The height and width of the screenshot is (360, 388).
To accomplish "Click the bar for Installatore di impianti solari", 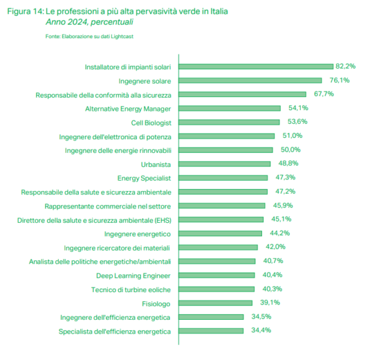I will (255, 67).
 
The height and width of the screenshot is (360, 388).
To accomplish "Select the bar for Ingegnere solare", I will (250, 80).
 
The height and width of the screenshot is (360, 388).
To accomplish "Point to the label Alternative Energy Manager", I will (128, 108).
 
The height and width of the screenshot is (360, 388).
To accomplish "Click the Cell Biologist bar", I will (229, 122).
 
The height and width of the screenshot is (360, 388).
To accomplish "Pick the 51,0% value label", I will (292, 135).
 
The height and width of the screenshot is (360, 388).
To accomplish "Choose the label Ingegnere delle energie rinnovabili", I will (118, 150).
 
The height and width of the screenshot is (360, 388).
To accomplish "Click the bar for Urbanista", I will (224, 164).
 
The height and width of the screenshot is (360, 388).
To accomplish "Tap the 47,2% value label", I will (285, 192).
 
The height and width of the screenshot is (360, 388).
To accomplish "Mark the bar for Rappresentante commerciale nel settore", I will (221, 206).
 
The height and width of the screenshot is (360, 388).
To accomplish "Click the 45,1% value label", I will (281, 219).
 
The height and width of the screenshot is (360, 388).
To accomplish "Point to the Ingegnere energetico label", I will (137, 234).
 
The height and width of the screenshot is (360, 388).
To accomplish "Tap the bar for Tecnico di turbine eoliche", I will (216, 289).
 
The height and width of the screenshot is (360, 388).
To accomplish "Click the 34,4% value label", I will (261, 330).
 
